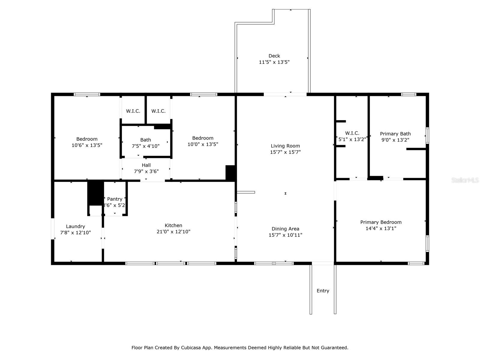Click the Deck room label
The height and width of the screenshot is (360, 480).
[x=274, y=56]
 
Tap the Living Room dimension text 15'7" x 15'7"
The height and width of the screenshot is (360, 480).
[x=285, y=152]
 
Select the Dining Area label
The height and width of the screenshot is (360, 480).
[x=285, y=229]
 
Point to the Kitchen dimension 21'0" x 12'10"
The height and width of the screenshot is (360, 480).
[x=173, y=232]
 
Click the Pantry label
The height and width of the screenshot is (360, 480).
[x=115, y=199]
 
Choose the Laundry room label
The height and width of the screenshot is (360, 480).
[x=75, y=227]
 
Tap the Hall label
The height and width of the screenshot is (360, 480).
[x=146, y=165]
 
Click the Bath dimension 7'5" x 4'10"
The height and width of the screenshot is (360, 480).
[x=145, y=146]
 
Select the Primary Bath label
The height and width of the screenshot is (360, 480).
[x=395, y=134]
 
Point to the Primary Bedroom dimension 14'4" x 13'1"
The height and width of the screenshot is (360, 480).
[x=381, y=228]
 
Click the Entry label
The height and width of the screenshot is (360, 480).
[x=323, y=291]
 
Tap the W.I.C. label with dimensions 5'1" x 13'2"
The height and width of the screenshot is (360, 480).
[x=352, y=133]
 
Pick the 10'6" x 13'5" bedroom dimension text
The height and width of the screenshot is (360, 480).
[x=87, y=145]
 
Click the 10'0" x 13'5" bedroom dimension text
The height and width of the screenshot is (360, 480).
[x=203, y=145]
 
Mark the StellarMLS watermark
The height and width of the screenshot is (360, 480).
[x=465, y=180]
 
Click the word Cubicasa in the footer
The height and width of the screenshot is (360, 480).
[x=191, y=348]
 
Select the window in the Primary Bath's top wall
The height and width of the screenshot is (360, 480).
[x=409, y=94]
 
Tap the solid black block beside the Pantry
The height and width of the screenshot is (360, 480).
[x=96, y=193]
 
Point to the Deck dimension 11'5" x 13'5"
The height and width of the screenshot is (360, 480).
[x=274, y=62]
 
